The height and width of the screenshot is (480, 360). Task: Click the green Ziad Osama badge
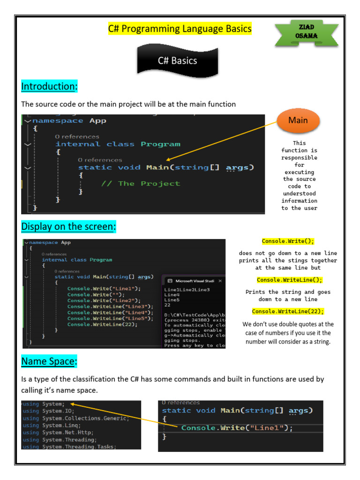[306, 31]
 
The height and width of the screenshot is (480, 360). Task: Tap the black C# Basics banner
[177, 60]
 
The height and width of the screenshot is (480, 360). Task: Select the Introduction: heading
[49, 87]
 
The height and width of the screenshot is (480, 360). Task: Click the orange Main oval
[298, 120]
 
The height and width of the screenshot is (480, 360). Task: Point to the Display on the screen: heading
[68, 227]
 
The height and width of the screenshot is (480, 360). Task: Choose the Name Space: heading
[49, 361]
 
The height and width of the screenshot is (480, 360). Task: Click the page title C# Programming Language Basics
[180, 29]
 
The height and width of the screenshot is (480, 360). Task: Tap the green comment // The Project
[141, 183]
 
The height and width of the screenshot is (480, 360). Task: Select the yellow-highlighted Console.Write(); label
[288, 241]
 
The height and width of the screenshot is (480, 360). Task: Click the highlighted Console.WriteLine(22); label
[288, 311]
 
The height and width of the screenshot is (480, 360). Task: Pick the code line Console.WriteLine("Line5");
[104, 318]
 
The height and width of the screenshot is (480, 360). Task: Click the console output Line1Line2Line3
[187, 290]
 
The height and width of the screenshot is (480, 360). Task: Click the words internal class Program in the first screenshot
[118, 144]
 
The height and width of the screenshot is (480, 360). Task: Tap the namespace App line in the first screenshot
[69, 120]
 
